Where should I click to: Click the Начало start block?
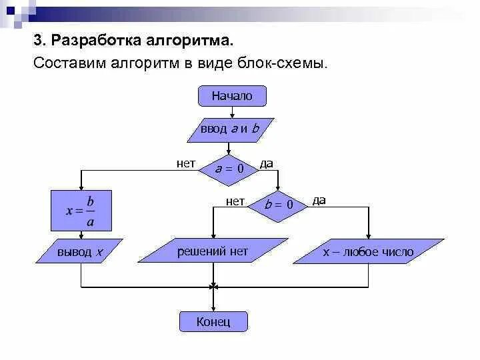pyautogui.click(x=232, y=96)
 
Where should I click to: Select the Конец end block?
pyautogui.click(x=213, y=322)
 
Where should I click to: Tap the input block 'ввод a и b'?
pyautogui.click(x=230, y=129)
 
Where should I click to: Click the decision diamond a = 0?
pyautogui.click(x=229, y=169)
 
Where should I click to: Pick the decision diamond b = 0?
pyautogui.click(x=279, y=205)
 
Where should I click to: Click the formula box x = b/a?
pyautogui.click(x=81, y=211)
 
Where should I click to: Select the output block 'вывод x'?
pyautogui.click(x=81, y=252)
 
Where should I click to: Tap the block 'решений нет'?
pyautogui.click(x=212, y=251)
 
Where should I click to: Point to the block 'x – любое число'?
pyautogui.click(x=368, y=252)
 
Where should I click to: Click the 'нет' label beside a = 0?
pyautogui.click(x=186, y=163)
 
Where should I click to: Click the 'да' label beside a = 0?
pyautogui.click(x=266, y=163)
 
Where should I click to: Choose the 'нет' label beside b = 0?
pyautogui.click(x=235, y=200)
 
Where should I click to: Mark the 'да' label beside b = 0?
pyautogui.click(x=319, y=200)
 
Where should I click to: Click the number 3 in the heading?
pyautogui.click(x=37, y=41)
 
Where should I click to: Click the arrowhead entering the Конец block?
pyautogui.click(x=213, y=308)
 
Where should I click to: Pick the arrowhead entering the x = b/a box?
pyautogui.click(x=81, y=187)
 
